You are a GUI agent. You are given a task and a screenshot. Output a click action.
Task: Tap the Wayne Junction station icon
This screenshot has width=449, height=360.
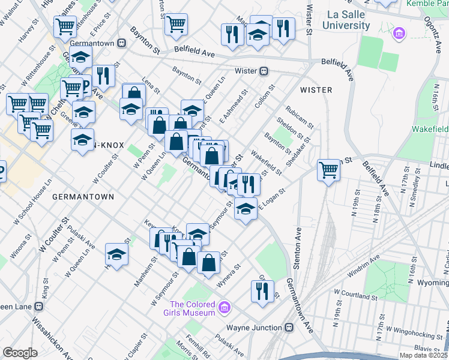[289, 328]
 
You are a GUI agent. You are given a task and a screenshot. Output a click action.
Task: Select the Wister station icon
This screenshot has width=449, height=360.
[264, 71]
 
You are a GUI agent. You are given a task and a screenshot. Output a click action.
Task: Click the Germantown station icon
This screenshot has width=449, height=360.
[121, 43]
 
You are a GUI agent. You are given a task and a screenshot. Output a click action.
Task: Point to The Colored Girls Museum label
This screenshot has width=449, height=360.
[192, 308]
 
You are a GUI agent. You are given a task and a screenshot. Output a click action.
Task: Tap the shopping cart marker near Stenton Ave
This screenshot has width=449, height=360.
[328, 170]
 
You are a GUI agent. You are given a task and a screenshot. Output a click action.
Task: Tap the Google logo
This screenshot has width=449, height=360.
[20, 353]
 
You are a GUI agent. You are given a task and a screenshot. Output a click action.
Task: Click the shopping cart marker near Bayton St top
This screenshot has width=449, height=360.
[176, 24]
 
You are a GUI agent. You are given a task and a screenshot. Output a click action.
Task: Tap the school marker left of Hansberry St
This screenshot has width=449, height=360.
[117, 254]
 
